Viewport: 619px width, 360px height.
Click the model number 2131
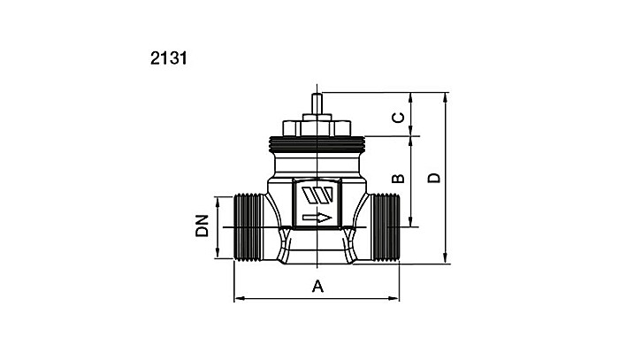pyautogui.click(x=169, y=58)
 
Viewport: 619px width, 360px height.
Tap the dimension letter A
pyautogui.click(x=317, y=287)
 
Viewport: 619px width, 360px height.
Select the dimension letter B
pyautogui.click(x=398, y=179)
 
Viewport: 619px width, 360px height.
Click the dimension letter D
pyautogui.click(x=434, y=178)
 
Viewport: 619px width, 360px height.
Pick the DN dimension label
pyautogui.click(x=202, y=226)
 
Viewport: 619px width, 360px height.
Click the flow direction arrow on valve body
pyautogui.click(x=317, y=218)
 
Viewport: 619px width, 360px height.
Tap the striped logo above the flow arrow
pyautogui.click(x=317, y=195)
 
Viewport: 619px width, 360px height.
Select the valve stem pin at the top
pyautogui.click(x=317, y=104)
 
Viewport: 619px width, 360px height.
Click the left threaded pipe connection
pyautogui.click(x=248, y=227)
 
